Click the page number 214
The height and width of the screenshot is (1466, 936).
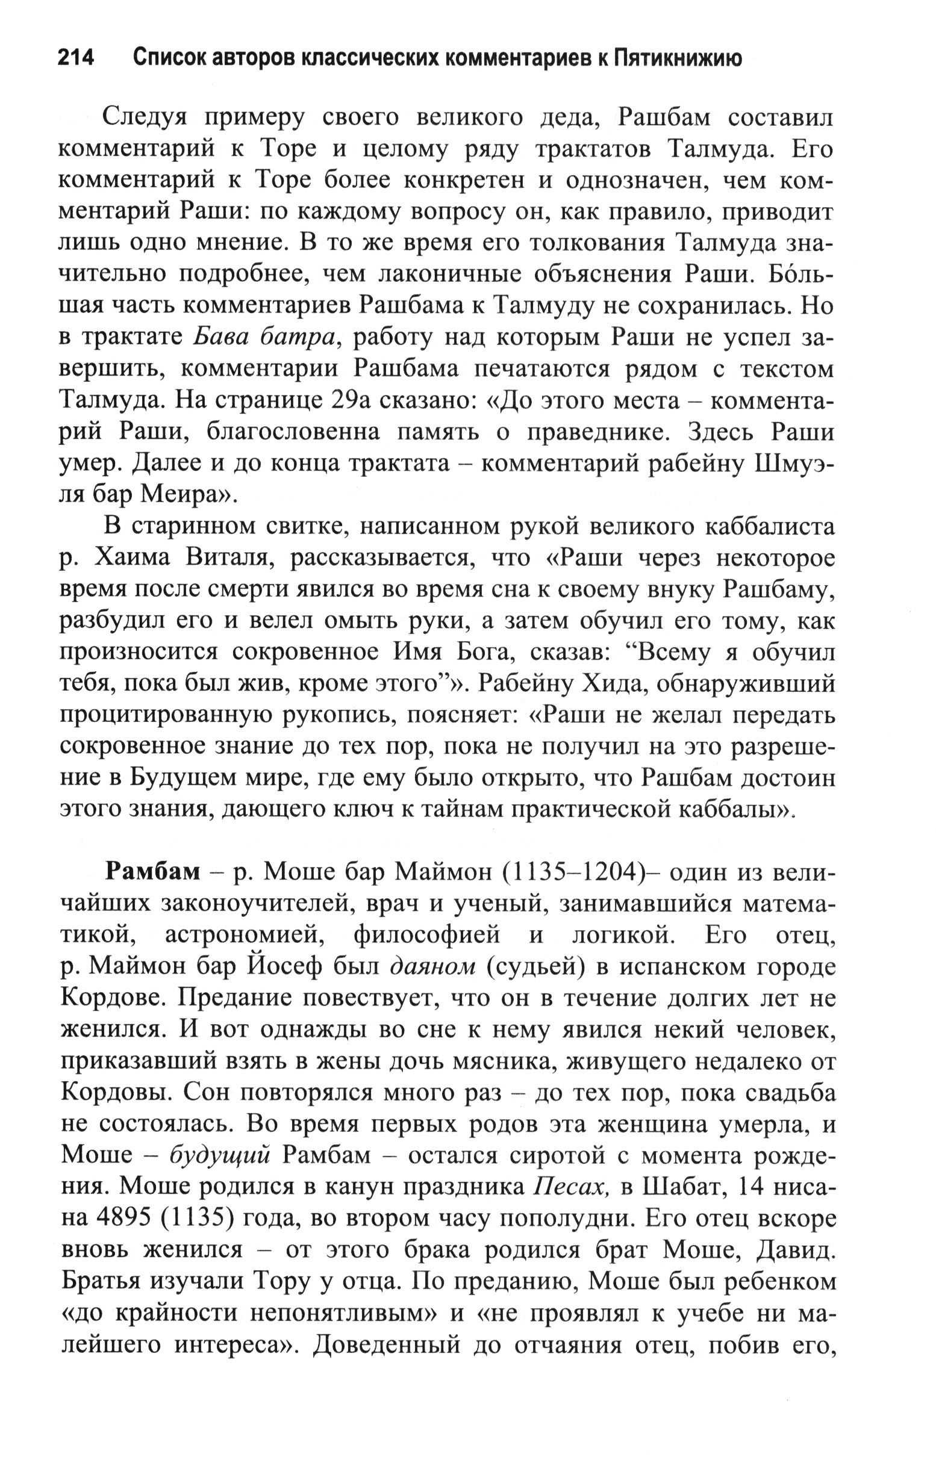[76, 58]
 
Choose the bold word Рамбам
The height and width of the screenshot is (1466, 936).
[152, 872]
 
